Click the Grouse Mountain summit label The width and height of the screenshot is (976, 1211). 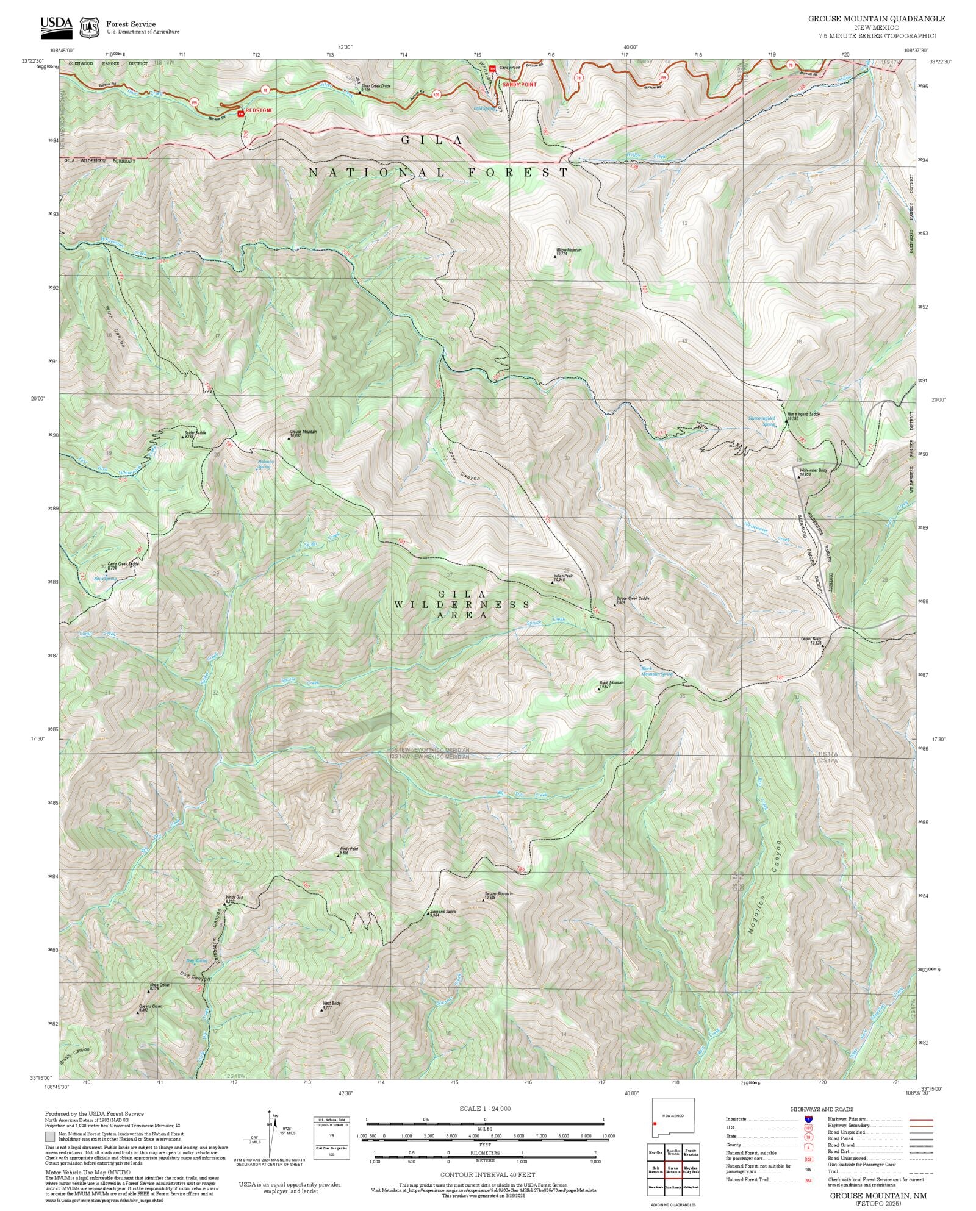(303, 432)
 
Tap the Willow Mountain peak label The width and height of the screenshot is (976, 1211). (569, 251)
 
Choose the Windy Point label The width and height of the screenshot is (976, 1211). (348, 850)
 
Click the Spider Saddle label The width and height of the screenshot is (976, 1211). (195, 434)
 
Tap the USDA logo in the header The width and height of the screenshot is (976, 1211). (57, 26)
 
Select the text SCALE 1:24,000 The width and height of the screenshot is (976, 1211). (485, 1108)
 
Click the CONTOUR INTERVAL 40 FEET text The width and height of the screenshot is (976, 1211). (487, 1174)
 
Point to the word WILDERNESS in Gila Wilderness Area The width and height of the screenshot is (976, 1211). (462, 604)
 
